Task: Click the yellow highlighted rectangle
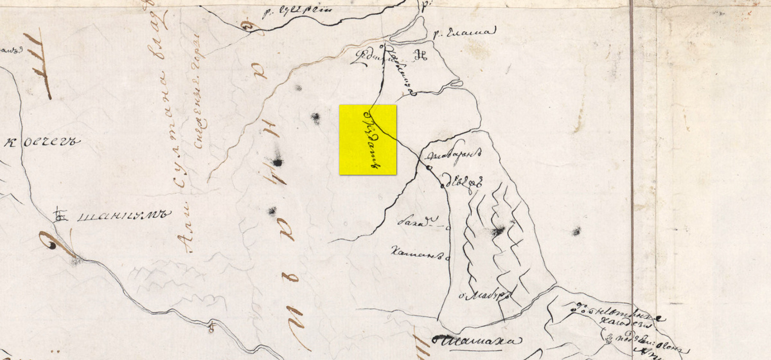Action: pyautogui.click(x=368, y=139)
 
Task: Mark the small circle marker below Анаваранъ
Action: pyautogui.click(x=429, y=168)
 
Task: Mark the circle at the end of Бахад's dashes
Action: pyautogui.click(x=448, y=227)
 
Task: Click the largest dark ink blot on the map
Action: pyautogui.click(x=277, y=161)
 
